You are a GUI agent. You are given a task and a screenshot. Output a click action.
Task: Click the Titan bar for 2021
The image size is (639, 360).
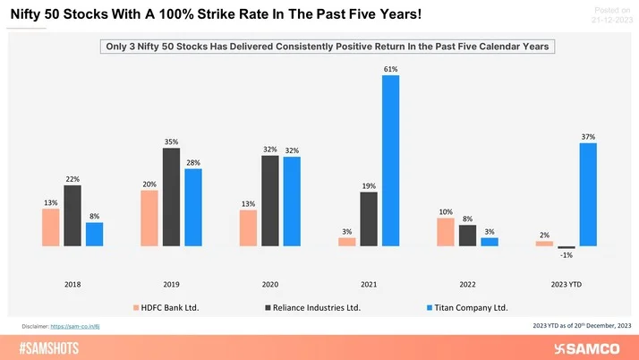point(390,160)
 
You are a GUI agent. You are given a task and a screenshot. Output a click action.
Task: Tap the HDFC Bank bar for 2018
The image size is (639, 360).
point(50,227)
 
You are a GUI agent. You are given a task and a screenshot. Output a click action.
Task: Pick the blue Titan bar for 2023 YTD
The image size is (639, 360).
point(588,194)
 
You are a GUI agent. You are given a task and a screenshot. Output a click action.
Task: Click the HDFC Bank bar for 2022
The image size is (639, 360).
point(445,231)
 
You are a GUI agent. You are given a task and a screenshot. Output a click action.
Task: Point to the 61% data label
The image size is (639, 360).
point(390,68)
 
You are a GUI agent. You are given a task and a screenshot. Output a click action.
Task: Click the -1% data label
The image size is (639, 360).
point(566,255)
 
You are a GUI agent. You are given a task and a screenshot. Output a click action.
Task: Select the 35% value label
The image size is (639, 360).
point(171,141)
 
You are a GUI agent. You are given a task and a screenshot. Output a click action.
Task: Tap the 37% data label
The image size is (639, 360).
point(588,136)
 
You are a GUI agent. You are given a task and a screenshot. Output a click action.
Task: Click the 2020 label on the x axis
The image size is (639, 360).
point(269,284)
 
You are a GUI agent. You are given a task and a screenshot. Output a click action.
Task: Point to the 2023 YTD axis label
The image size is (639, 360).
point(566,284)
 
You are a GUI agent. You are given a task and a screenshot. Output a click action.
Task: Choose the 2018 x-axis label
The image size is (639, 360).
point(72,284)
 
